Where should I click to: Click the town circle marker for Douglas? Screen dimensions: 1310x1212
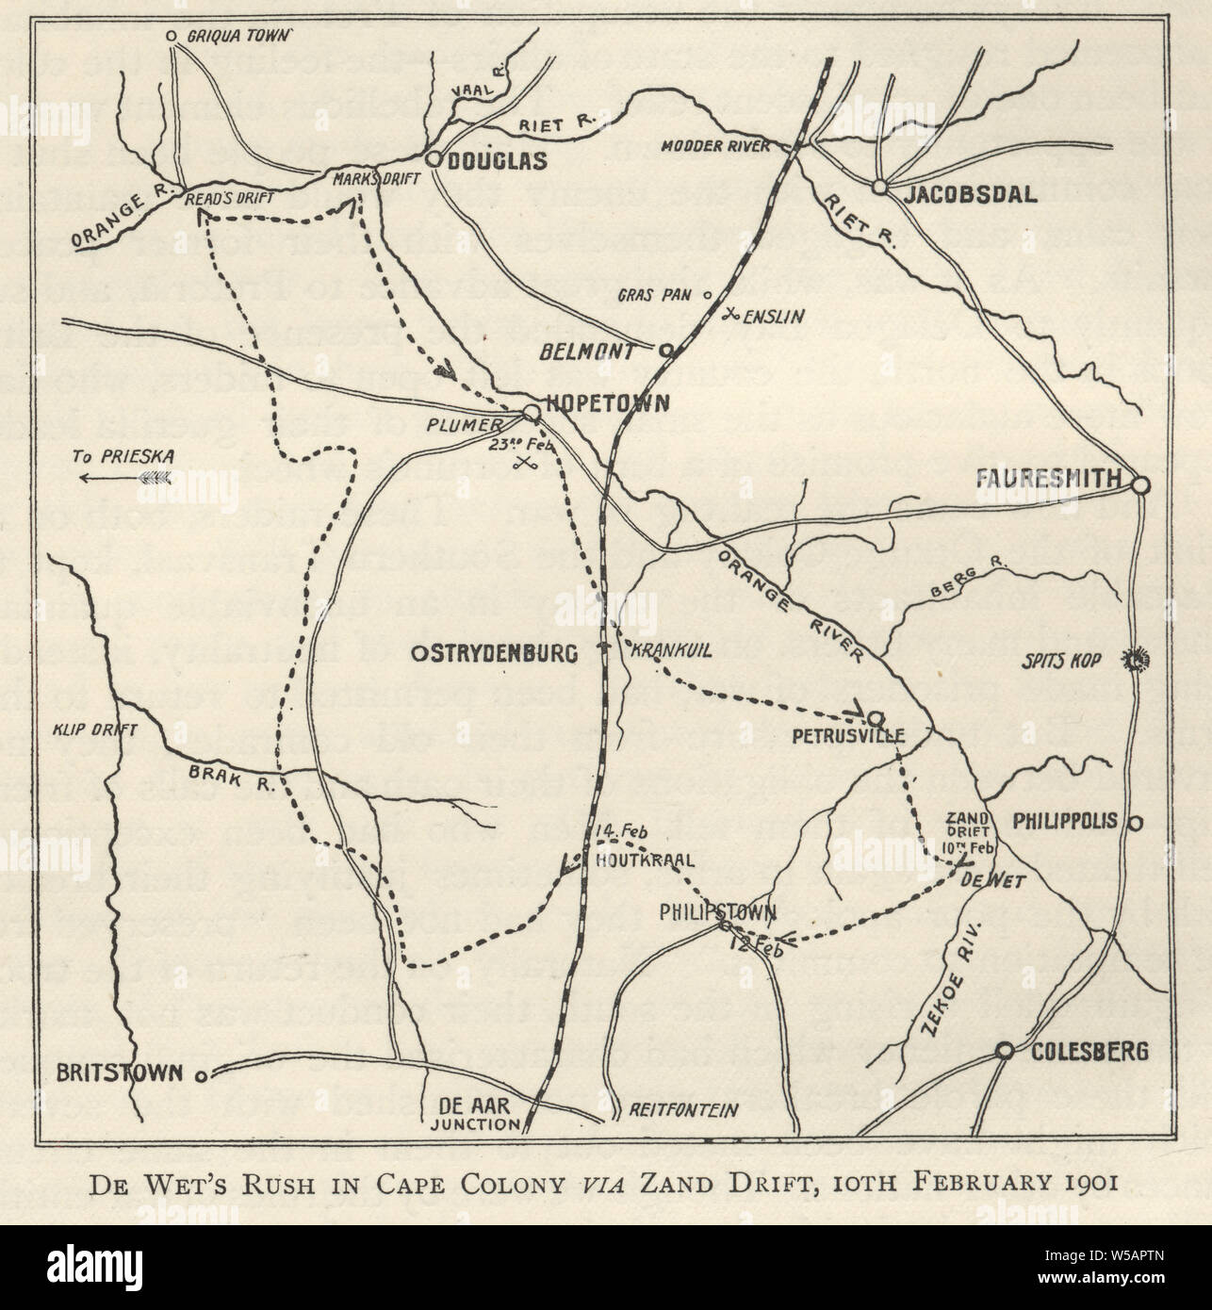pos(434,160)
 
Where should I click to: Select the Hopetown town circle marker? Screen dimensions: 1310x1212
pos(531,413)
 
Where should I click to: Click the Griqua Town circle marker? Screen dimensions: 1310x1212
pos(172,36)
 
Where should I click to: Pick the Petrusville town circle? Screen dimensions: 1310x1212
pos(874,717)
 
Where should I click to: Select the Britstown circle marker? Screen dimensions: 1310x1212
pos(201,1074)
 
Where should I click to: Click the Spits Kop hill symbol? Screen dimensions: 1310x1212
pos(1135,661)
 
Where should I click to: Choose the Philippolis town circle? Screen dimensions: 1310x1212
pos(1136,822)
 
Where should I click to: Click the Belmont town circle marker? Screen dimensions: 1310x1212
pos(665,352)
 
